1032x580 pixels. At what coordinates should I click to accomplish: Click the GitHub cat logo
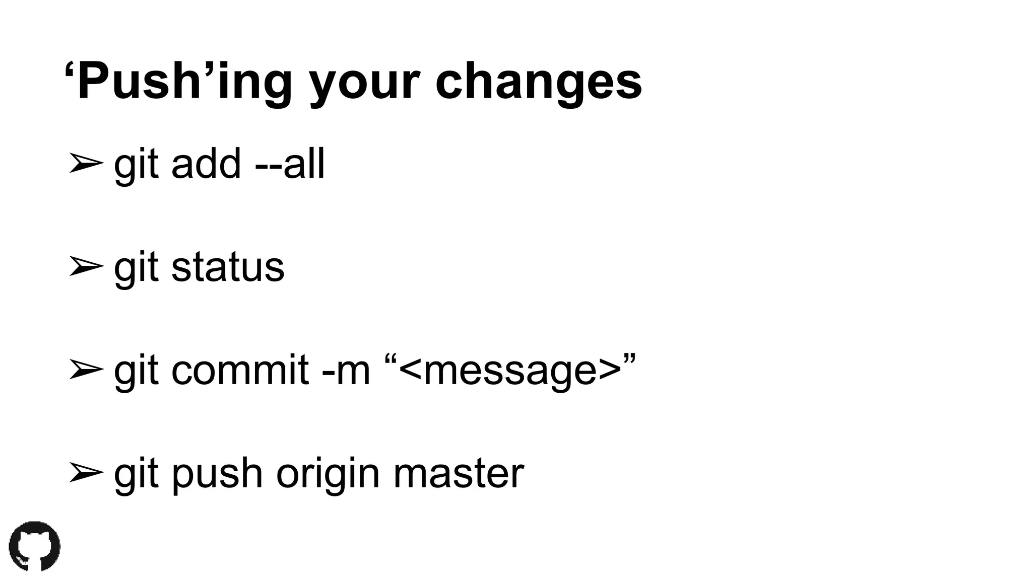point(34,546)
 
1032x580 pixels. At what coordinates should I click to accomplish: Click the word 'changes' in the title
point(538,82)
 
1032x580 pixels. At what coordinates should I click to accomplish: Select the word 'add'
point(206,164)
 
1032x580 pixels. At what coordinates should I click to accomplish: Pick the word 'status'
point(228,267)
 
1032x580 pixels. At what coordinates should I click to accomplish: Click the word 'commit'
point(240,370)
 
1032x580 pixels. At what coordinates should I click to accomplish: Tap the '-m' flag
point(346,371)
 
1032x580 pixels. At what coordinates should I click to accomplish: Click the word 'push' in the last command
point(217,474)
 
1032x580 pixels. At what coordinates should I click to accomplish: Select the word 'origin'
point(328,474)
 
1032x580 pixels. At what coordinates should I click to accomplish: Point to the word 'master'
point(458,473)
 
